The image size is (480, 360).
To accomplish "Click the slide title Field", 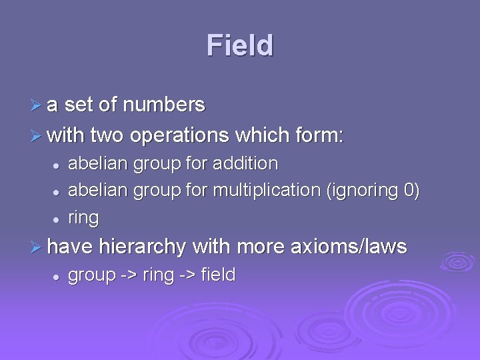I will click(x=240, y=45).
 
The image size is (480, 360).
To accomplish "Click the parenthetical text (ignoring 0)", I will click(x=373, y=190).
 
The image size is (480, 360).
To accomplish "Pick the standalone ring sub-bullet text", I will click(x=83, y=218).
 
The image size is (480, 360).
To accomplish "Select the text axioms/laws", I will click(x=349, y=247).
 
